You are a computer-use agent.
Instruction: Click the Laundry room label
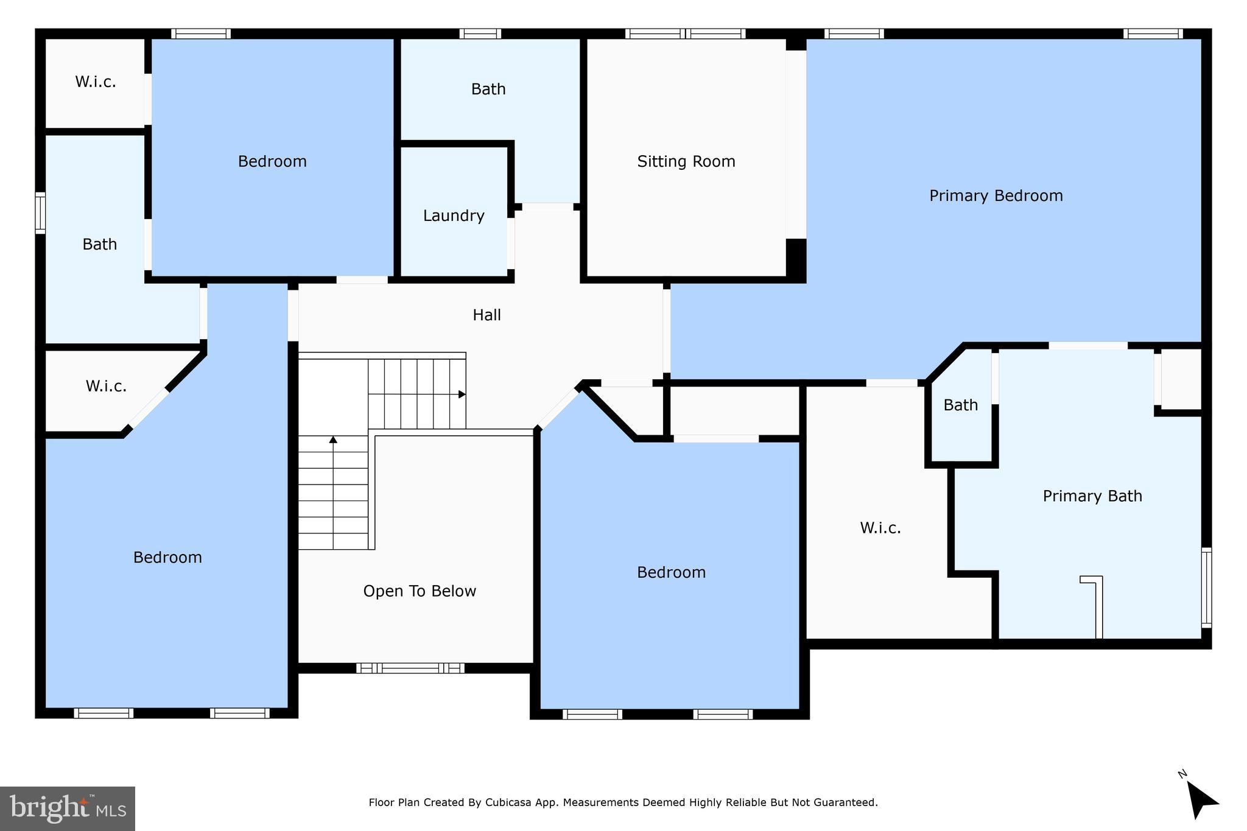(454, 216)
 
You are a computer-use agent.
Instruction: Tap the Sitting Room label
(686, 161)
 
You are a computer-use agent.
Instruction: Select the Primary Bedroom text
(996, 195)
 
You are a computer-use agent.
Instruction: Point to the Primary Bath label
(1092, 496)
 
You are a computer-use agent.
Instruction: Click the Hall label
(487, 315)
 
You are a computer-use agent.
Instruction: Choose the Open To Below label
(420, 591)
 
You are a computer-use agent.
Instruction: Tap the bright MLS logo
(68, 808)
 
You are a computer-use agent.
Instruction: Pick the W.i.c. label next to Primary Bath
(880, 527)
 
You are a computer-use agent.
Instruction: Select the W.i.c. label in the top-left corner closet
(96, 82)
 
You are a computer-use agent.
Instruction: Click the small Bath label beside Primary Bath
(960, 405)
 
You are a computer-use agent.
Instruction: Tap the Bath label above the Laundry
(488, 89)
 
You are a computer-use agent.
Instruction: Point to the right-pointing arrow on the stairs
(462, 394)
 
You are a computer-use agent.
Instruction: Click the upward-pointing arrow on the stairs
(333, 440)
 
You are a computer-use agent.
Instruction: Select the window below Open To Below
(410, 668)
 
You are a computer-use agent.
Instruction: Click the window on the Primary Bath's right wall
(1206, 587)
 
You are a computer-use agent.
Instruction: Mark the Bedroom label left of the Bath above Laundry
(272, 161)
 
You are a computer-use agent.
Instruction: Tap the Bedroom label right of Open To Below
(671, 572)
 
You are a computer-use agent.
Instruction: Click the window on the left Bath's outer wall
(40, 212)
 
